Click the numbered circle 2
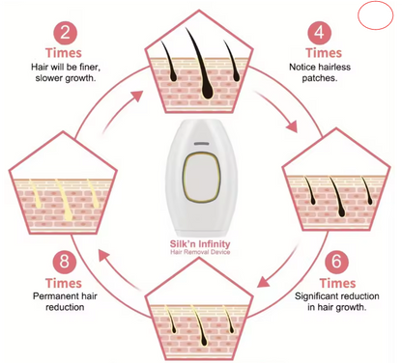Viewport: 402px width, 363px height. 65,33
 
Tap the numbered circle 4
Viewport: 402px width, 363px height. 319,33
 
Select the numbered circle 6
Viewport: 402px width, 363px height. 336,261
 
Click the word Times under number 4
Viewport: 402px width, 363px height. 324,53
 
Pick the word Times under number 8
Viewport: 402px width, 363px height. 64,283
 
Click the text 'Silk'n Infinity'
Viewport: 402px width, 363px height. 200,243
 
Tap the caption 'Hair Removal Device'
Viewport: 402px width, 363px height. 200,252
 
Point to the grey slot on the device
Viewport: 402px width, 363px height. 201,144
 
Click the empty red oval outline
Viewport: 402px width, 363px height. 376,14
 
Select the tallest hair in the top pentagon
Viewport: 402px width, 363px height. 200,64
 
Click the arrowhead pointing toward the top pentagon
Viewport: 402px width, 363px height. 137,96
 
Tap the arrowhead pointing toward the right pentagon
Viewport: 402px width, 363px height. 292,126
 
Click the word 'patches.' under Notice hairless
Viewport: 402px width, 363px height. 320,78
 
